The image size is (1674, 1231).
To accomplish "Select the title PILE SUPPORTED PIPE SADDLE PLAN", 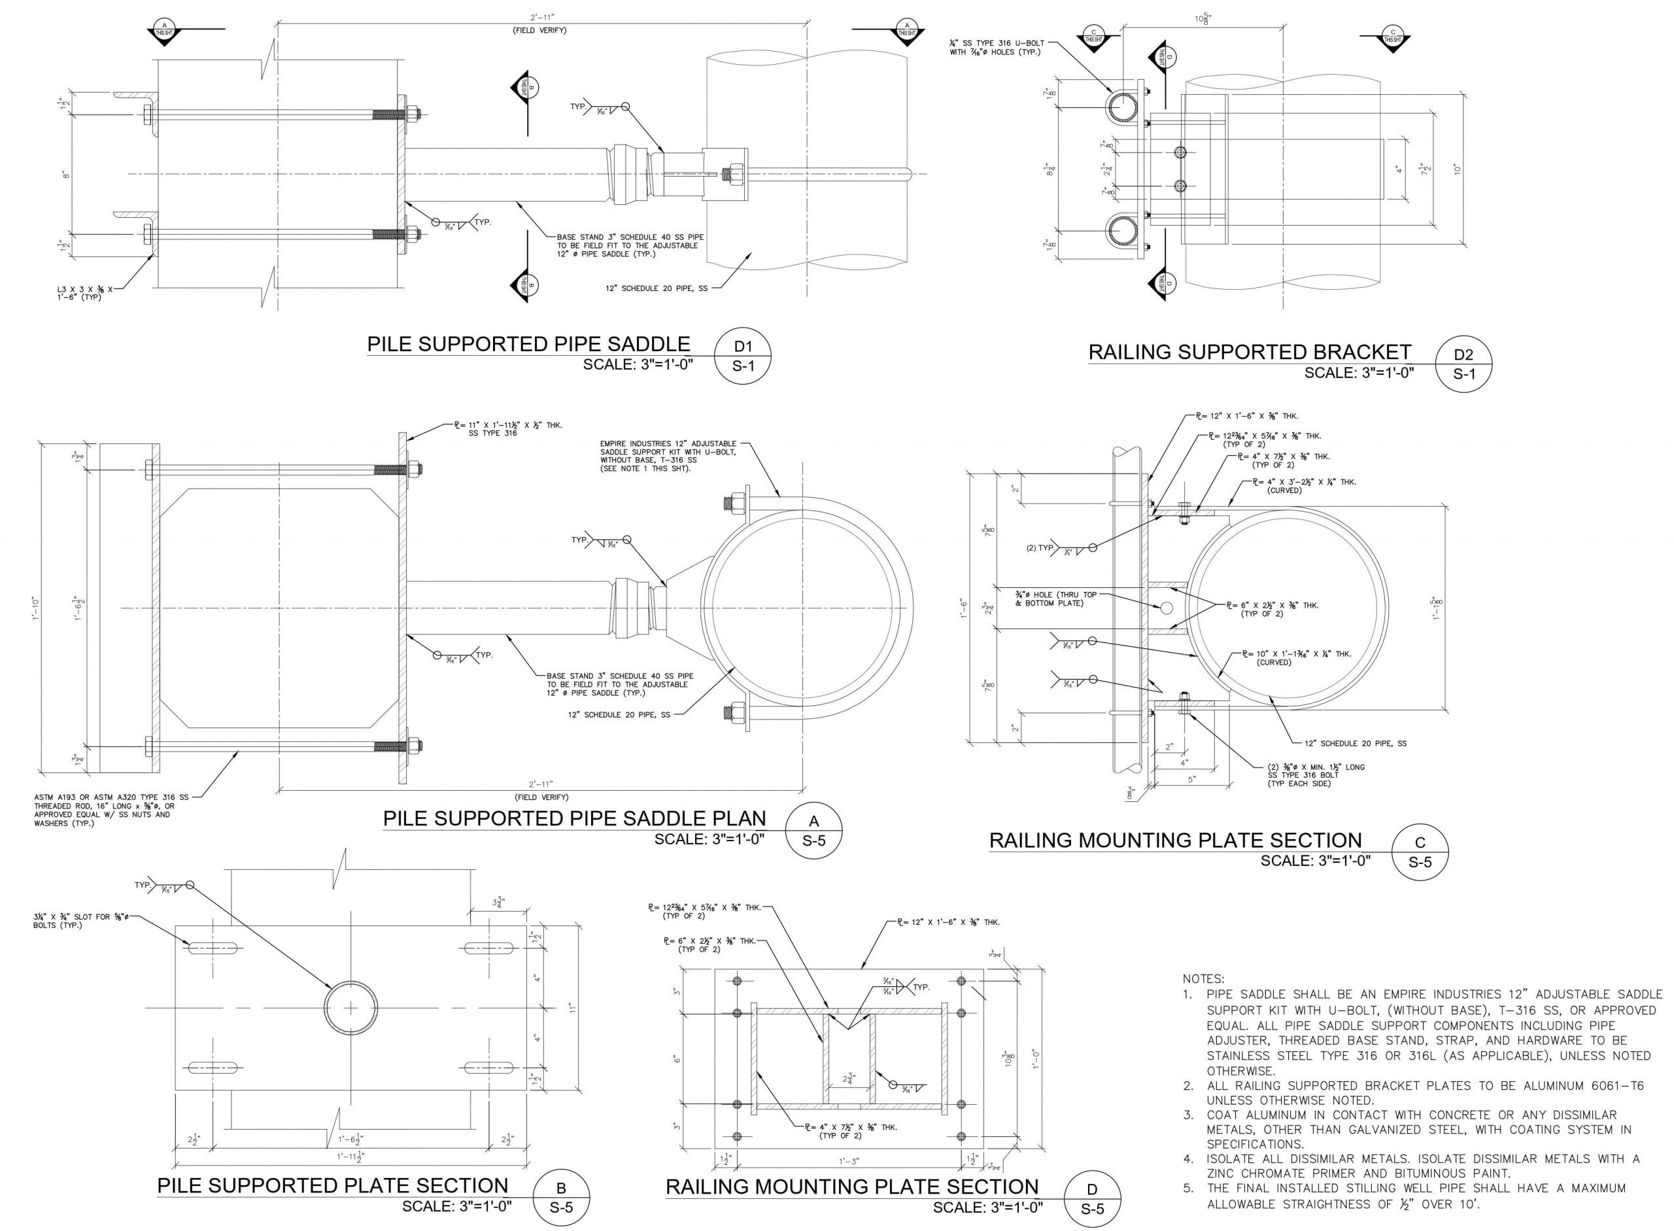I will (573, 818).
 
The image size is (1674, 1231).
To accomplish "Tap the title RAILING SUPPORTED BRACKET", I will (1250, 352).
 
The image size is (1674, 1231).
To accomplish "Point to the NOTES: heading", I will (1203, 979).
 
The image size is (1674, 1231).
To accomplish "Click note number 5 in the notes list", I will (1188, 1188).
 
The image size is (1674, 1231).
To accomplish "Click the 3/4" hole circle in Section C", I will (1166, 608).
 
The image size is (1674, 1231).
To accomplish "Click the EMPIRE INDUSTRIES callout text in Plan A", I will (668, 456).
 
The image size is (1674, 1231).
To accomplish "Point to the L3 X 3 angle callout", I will (85, 292).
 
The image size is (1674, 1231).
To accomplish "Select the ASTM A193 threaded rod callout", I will (111, 810).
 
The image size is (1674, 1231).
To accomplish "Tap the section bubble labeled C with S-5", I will (1420, 852).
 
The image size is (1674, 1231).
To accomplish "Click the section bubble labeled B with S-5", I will (561, 1198).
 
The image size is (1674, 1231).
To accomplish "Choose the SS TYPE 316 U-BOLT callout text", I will (995, 48).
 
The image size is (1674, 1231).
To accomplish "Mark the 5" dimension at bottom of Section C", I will (1191, 778).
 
